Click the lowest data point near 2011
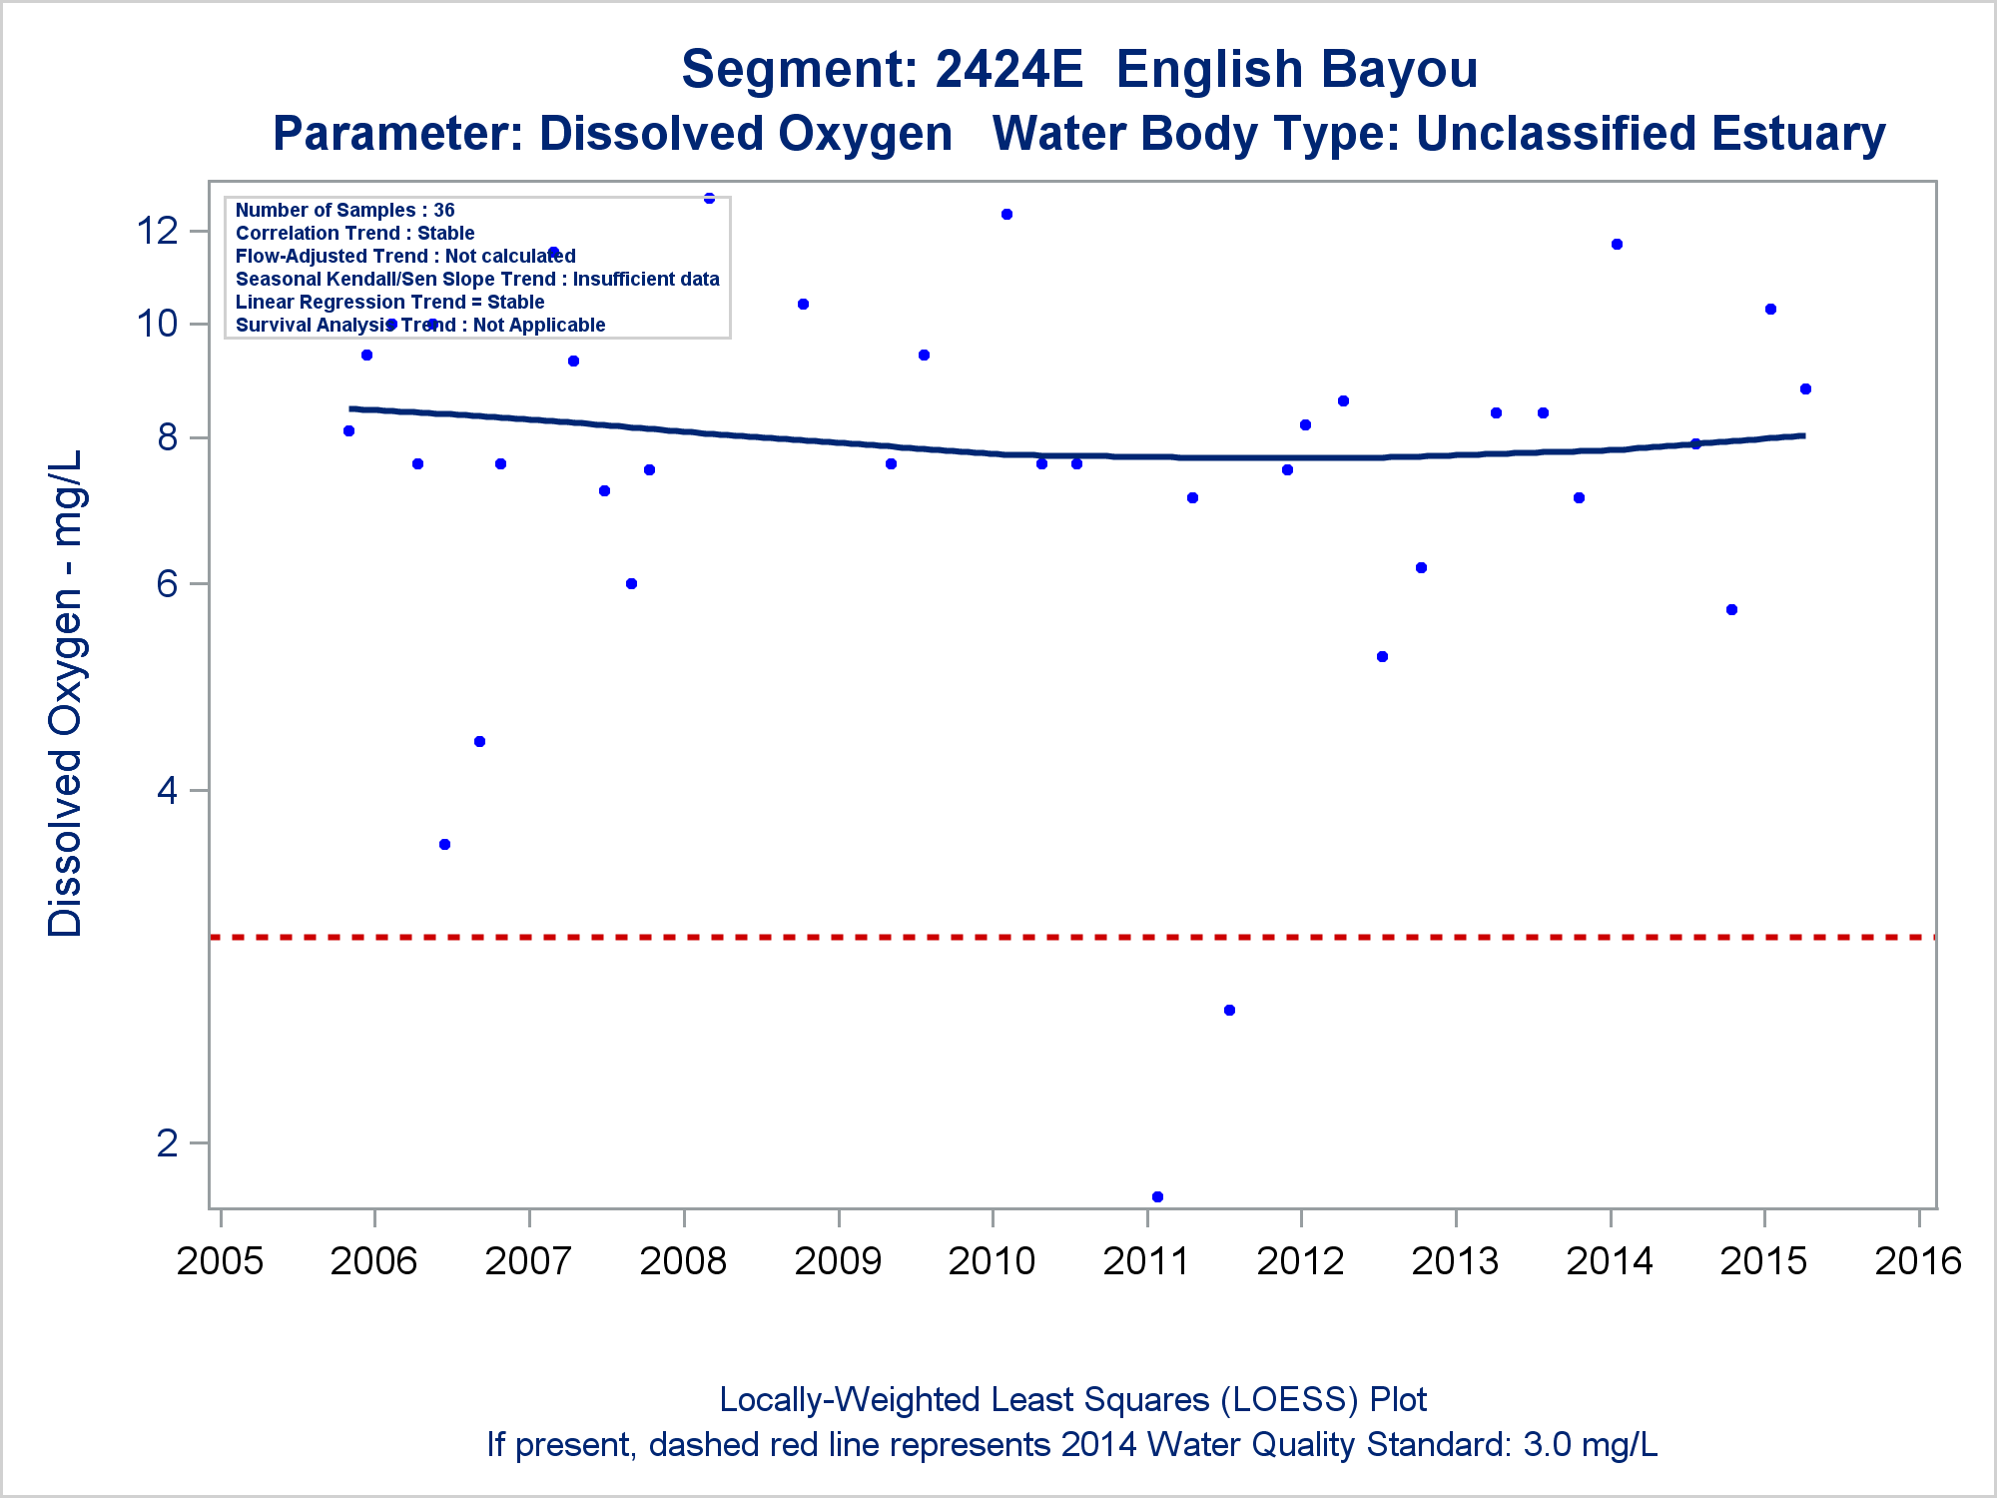pyautogui.click(x=1157, y=1196)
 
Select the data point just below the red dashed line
pyautogui.click(x=1229, y=1010)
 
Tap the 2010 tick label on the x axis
pyautogui.click(x=992, y=1261)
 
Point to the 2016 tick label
pyautogui.click(x=1918, y=1261)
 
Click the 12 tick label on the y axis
pyautogui.click(x=157, y=231)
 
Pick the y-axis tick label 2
pyautogui.click(x=167, y=1142)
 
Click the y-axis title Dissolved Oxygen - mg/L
pyautogui.click(x=66, y=693)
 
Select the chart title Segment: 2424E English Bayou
pyautogui.click(x=1079, y=70)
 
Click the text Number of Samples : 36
pyautogui.click(x=345, y=210)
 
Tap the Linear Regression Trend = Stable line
pyautogui.click(x=390, y=302)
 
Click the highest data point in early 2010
pyautogui.click(x=1006, y=214)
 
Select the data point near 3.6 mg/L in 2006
pyautogui.click(x=445, y=844)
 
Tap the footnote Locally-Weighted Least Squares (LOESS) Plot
pyautogui.click(x=1072, y=1400)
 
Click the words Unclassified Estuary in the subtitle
pyautogui.click(x=1651, y=134)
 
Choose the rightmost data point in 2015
pyautogui.click(x=1805, y=388)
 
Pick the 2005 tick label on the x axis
pyautogui.click(x=220, y=1261)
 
